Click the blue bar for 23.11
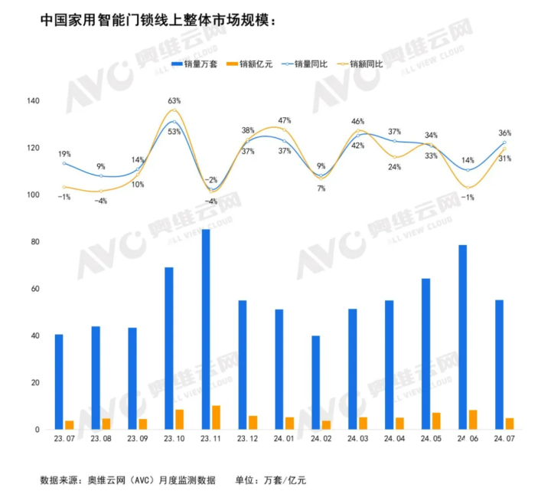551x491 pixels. pyautogui.click(x=206, y=329)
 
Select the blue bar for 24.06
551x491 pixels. pyautogui.click(x=463, y=337)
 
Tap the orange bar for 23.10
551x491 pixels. pyautogui.click(x=179, y=420)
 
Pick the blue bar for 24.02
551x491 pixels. pyautogui.click(x=316, y=382)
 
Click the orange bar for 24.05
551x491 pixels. pyautogui.click(x=436, y=421)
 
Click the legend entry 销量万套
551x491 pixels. pyautogui.click(x=194, y=64)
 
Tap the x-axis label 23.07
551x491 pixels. pyautogui.click(x=64, y=439)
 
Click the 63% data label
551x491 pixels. pyautogui.click(x=174, y=100)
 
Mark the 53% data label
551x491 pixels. pyautogui.click(x=174, y=132)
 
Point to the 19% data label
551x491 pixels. pyautogui.click(x=64, y=153)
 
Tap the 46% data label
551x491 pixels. pyautogui.click(x=357, y=121)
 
